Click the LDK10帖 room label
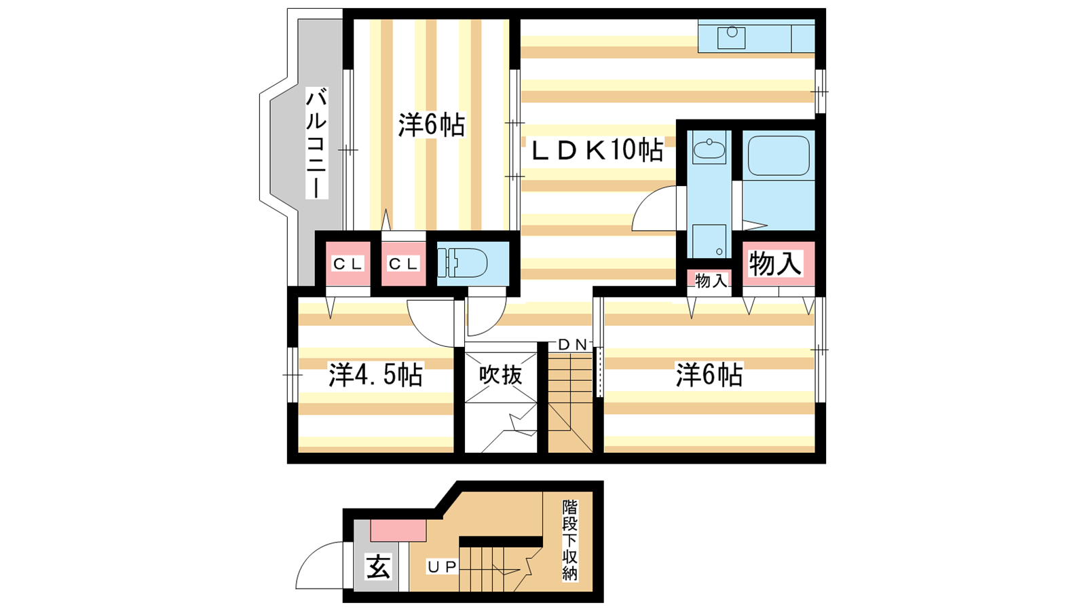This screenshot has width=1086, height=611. (x=597, y=150)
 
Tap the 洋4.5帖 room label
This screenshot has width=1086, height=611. (x=376, y=374)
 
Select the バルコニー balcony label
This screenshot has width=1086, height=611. (x=316, y=143)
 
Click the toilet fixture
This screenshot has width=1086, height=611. (x=462, y=262)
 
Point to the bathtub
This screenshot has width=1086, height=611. (x=779, y=155)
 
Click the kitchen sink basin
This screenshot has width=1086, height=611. (x=731, y=37)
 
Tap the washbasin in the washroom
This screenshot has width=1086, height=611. (x=709, y=147)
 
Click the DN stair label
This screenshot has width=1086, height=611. (x=573, y=345)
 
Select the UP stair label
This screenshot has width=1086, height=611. (x=442, y=566)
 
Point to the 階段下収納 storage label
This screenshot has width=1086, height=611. (x=570, y=540)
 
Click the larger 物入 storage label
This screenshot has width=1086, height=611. (x=774, y=263)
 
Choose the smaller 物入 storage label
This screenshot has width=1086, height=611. (x=711, y=280)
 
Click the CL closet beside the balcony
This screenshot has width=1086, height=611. (x=348, y=264)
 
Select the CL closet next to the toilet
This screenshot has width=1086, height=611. (x=403, y=264)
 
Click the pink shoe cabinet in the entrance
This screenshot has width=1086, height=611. (x=398, y=530)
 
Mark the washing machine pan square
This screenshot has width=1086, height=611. (x=709, y=241)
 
